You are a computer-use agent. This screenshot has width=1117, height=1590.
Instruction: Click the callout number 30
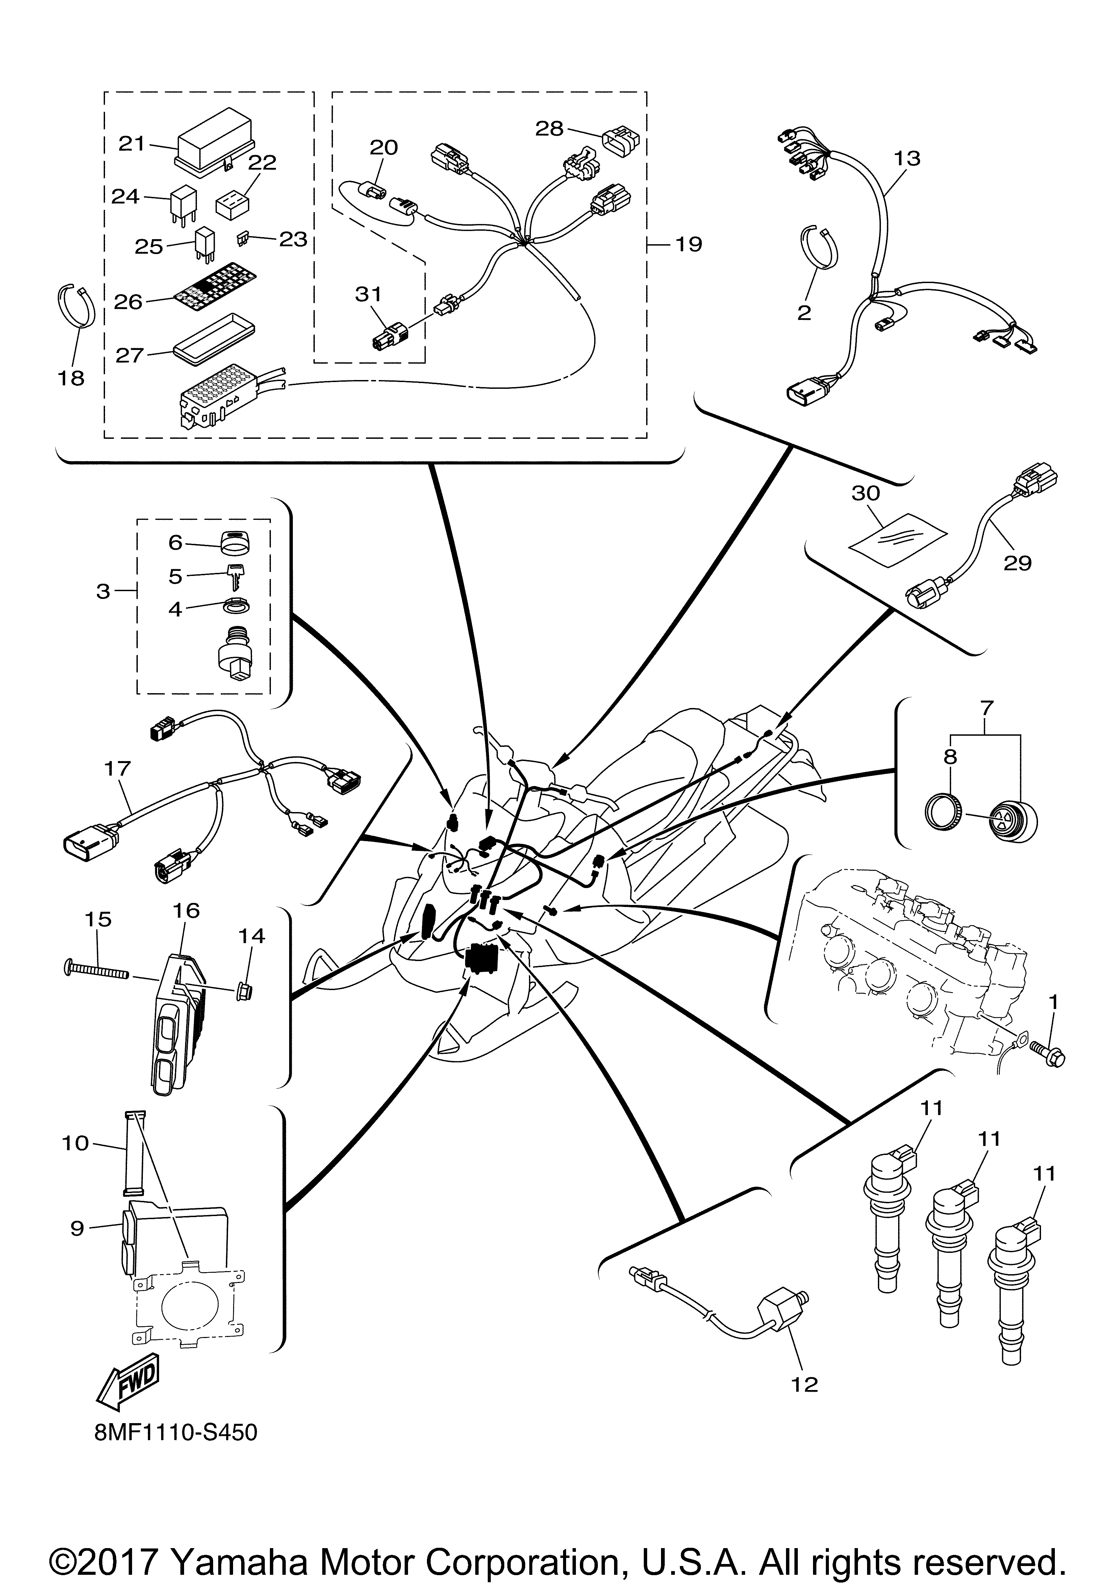click(866, 493)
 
